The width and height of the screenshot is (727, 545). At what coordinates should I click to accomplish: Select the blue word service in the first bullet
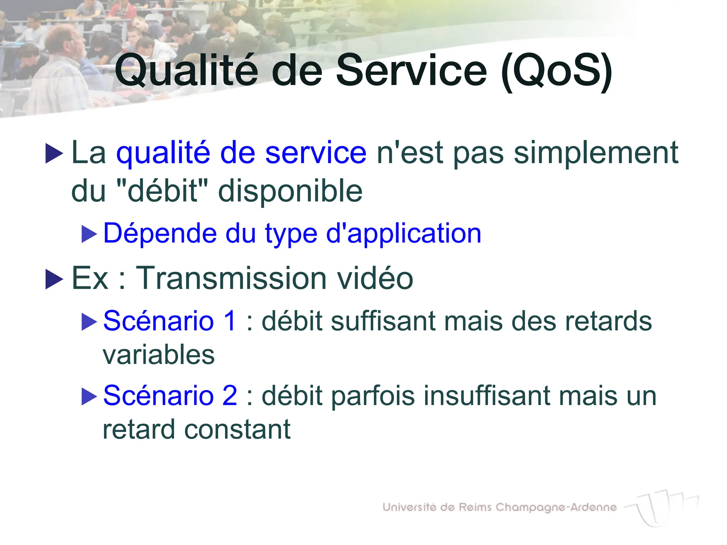[316, 153]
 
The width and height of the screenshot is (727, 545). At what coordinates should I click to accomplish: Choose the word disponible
[290, 191]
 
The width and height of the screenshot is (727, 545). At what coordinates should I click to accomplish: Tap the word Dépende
[160, 233]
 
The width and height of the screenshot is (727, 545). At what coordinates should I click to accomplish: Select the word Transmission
[231, 278]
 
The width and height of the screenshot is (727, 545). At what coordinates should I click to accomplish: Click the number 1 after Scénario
[230, 321]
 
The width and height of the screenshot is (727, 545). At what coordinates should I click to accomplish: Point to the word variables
[159, 355]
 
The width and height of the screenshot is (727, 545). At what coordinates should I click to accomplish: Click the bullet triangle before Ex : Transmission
[54, 279]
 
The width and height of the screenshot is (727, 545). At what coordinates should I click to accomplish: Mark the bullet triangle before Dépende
[89, 234]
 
